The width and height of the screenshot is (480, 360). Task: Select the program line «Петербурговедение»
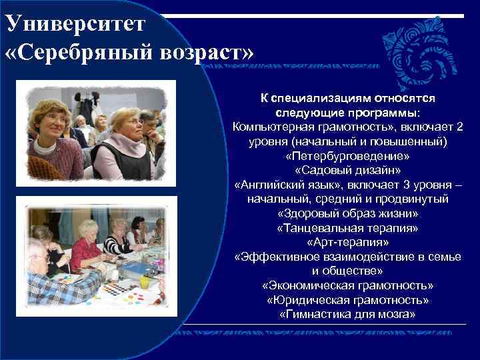(347, 156)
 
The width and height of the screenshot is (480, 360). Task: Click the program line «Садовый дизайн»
(347, 171)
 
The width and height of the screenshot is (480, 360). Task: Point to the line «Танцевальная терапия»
(347, 228)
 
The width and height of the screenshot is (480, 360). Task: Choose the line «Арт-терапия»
(347, 243)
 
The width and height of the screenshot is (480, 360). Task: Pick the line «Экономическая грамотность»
(347, 285)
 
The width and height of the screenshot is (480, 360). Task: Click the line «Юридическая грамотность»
(347, 300)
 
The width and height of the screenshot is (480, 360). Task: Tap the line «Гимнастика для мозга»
(347, 314)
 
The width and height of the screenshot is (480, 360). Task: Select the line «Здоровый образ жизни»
(347, 214)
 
